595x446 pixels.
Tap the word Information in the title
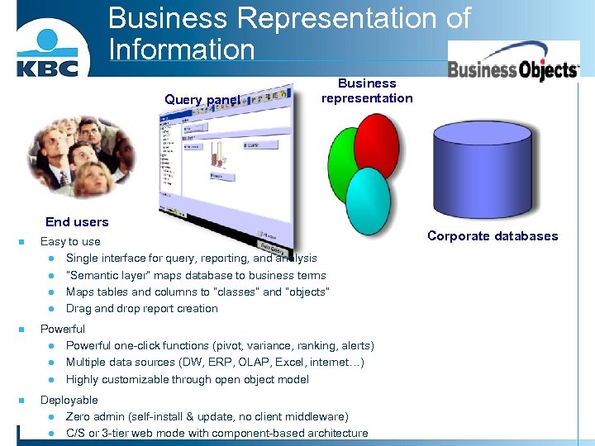[181, 49]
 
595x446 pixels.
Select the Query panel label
[202, 100]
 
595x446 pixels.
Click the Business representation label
[367, 91]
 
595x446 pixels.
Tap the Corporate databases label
[493, 236]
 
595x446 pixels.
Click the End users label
[77, 222]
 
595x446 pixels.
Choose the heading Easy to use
[70, 242]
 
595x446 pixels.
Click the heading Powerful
[63, 329]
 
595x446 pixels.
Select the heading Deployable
[69, 400]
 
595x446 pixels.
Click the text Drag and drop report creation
[141, 309]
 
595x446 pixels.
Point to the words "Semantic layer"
[100, 276]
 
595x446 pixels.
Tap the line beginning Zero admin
[207, 417]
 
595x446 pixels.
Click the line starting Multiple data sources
[215, 363]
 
